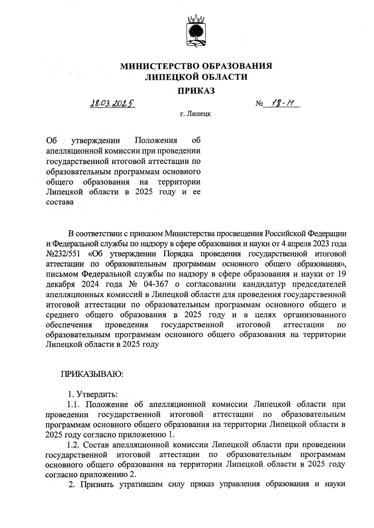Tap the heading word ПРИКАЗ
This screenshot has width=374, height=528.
point(196,91)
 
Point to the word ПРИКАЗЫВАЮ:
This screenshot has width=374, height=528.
point(92,374)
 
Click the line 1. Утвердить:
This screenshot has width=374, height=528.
point(93,394)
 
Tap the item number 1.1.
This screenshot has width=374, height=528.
point(74,404)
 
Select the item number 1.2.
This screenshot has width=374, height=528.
point(74,444)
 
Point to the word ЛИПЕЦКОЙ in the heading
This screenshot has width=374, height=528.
point(167,77)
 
